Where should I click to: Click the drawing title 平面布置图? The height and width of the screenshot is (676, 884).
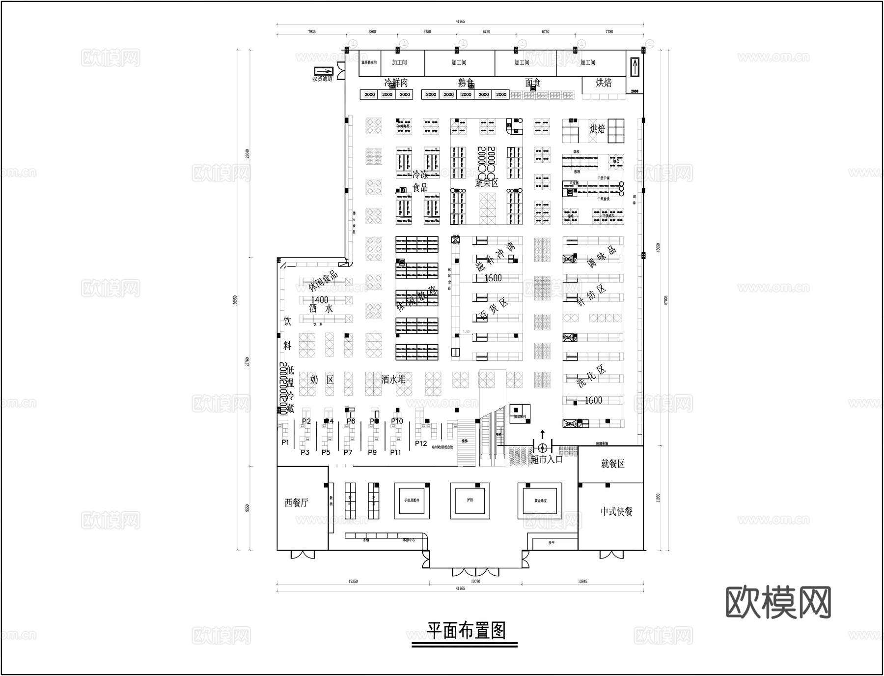[465, 630]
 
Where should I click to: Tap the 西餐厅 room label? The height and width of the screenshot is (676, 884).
[296, 502]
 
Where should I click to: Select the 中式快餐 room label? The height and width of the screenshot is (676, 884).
[616, 511]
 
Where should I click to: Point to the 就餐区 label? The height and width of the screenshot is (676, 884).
[612, 464]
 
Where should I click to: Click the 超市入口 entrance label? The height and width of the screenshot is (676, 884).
[546, 460]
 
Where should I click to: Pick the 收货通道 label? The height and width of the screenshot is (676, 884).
[322, 79]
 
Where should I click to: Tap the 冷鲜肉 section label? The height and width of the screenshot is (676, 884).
[395, 83]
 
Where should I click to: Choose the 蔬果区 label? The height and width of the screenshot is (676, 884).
[486, 183]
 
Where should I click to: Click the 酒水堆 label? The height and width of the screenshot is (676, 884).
[393, 379]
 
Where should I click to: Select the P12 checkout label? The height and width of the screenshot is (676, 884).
[421, 443]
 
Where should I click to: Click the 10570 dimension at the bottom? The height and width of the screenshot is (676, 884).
[475, 581]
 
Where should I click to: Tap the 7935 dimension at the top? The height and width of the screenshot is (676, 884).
[312, 31]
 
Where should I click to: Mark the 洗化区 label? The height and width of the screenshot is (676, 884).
[592, 377]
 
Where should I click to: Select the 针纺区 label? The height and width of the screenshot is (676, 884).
[592, 295]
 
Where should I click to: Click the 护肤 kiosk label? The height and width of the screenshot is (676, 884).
[470, 500]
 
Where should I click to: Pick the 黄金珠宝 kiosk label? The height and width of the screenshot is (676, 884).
[540, 500]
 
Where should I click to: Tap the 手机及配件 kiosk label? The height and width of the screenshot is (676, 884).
[412, 500]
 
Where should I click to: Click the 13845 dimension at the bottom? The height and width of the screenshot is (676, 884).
[582, 581]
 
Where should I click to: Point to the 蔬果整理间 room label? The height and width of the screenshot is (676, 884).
[369, 62]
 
